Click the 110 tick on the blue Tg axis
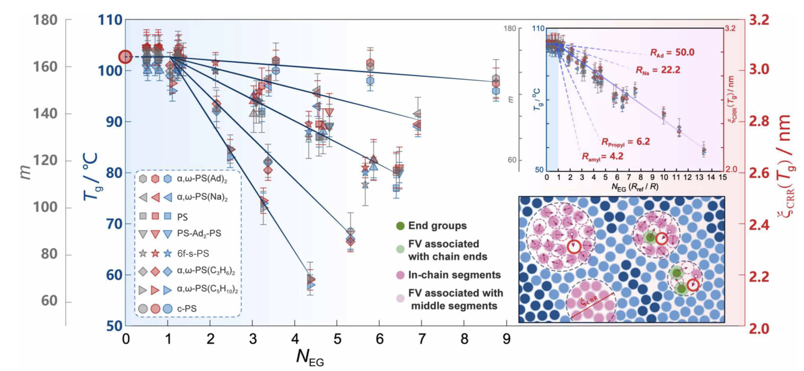click(x=110, y=20)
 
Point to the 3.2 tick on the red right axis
click(x=759, y=20)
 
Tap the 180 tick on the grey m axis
click(x=45, y=20)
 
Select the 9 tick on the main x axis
click(x=506, y=339)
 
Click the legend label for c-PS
click(x=187, y=309)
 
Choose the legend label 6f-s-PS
click(x=193, y=254)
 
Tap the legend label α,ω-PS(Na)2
click(x=202, y=198)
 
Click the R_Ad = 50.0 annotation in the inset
click(x=672, y=53)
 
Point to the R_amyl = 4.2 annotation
click(x=602, y=157)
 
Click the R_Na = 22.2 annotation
click(x=658, y=70)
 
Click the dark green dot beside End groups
click(x=400, y=226)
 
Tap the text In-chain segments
click(x=454, y=275)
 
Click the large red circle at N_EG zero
click(x=125, y=57)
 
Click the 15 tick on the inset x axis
click(x=723, y=177)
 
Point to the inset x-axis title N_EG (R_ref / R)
click(x=635, y=187)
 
